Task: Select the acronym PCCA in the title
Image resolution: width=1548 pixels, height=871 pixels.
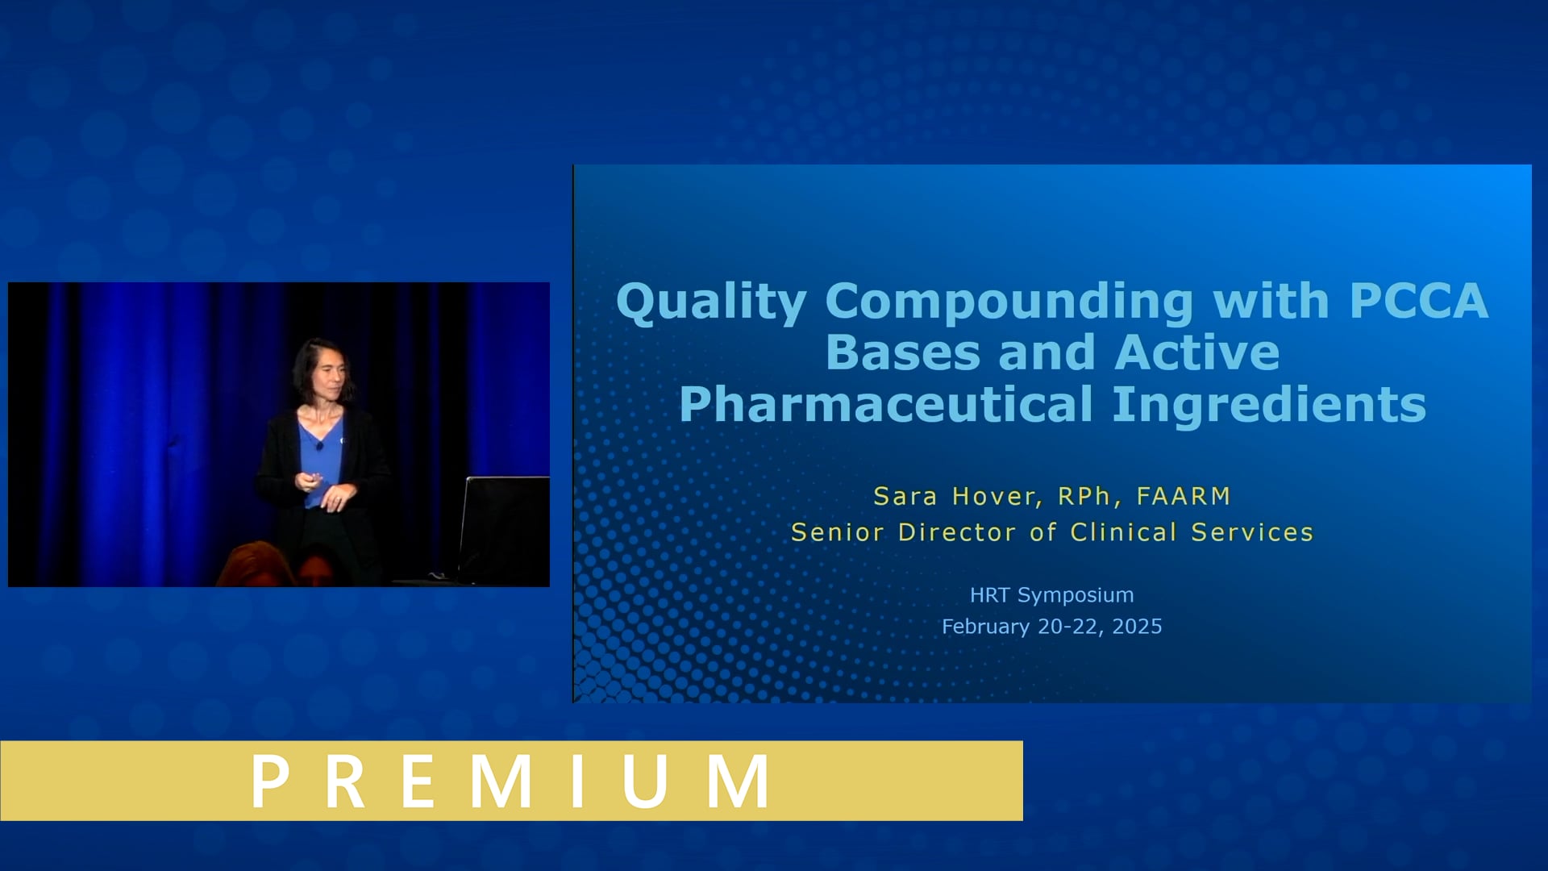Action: pos(1418,301)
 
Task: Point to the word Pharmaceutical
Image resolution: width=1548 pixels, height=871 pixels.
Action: pos(886,405)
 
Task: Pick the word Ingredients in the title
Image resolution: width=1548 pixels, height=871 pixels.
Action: pos(1269,405)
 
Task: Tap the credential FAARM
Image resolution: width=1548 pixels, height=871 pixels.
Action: pos(1183,496)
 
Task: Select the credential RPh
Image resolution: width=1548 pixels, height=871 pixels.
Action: pos(1084,497)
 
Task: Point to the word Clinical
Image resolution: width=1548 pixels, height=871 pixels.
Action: pos(1123,532)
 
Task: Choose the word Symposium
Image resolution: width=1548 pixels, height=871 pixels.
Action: pos(1075,595)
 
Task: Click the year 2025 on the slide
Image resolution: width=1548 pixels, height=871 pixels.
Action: pos(1137,627)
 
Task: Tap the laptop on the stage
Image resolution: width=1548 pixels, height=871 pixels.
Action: pos(504,528)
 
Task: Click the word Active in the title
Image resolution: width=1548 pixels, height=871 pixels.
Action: pos(1197,353)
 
